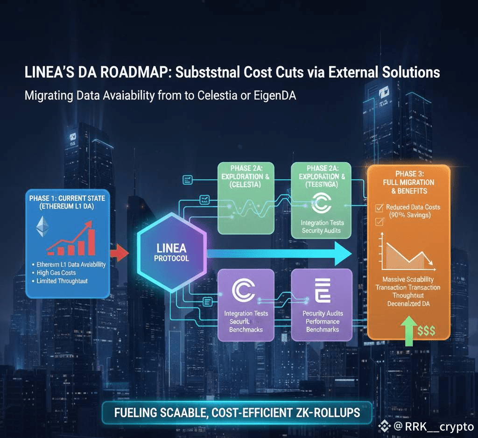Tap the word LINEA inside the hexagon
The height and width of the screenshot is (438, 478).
(172, 247)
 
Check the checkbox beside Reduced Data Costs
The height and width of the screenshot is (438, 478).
(379, 207)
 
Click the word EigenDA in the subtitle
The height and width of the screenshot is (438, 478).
(273, 95)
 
